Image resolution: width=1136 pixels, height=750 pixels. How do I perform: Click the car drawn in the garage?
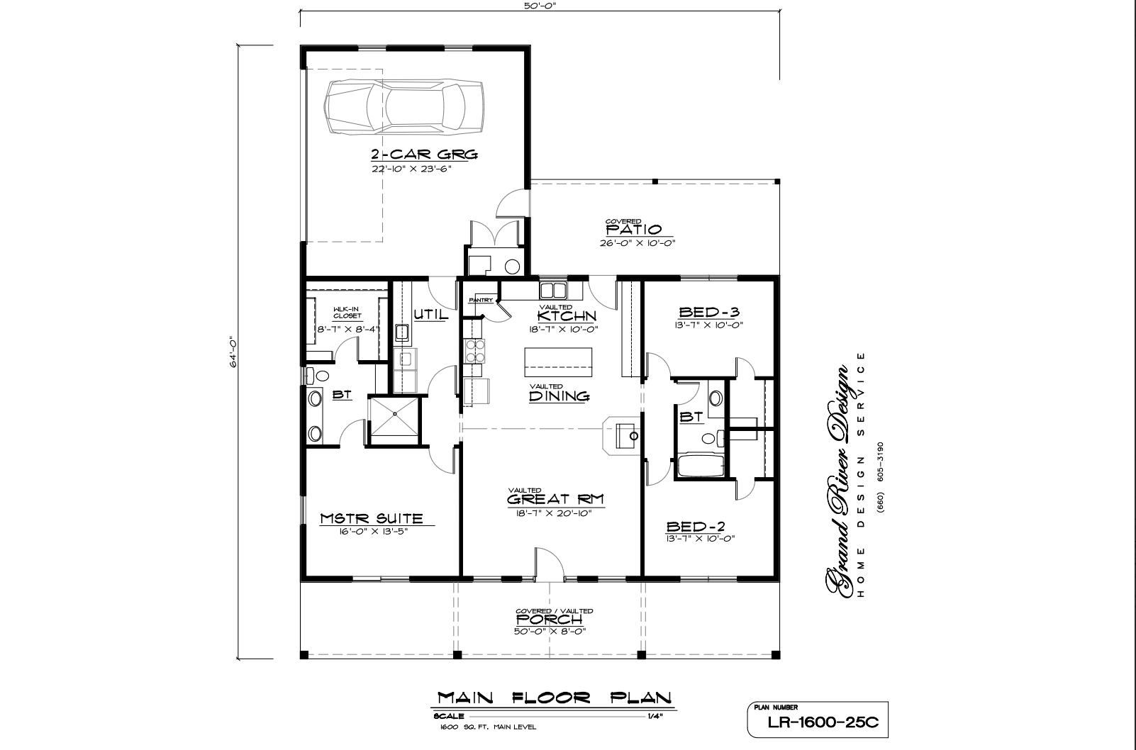point(403,107)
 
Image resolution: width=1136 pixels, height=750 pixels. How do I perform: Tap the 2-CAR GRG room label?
point(425,154)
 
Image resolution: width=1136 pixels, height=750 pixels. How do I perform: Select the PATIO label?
point(634,230)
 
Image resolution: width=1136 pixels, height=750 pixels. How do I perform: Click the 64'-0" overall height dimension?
point(233,352)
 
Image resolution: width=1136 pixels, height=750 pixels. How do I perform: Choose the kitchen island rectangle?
point(558,362)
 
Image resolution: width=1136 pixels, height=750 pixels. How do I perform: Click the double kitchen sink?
point(553,291)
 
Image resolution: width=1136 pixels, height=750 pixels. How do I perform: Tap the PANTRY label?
point(480,300)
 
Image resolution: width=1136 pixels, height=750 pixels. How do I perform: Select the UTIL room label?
point(432,315)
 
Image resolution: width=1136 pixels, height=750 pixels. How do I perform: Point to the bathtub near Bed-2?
point(701,466)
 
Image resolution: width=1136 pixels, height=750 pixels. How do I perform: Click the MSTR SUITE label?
point(372,518)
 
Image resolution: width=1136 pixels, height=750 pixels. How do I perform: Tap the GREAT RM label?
point(555,500)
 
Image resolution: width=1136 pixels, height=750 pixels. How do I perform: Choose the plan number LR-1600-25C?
point(823,722)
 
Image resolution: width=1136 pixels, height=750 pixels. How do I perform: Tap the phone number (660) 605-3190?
point(881,476)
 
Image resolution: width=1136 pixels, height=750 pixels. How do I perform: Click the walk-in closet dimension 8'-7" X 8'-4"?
point(349,329)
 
